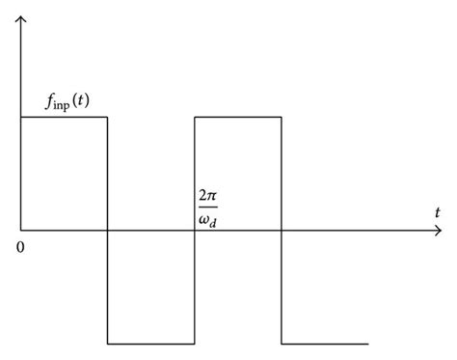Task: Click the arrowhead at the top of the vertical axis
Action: click(20, 18)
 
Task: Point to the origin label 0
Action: click(19, 247)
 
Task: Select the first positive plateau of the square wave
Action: click(64, 118)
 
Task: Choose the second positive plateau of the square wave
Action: click(238, 118)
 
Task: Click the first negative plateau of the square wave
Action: click(151, 344)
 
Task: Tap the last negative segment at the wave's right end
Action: click(325, 344)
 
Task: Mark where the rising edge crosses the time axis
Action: click(195, 231)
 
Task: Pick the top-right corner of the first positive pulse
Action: click(107, 118)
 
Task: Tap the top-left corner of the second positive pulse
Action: click(195, 118)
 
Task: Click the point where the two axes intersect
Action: click(20, 231)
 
